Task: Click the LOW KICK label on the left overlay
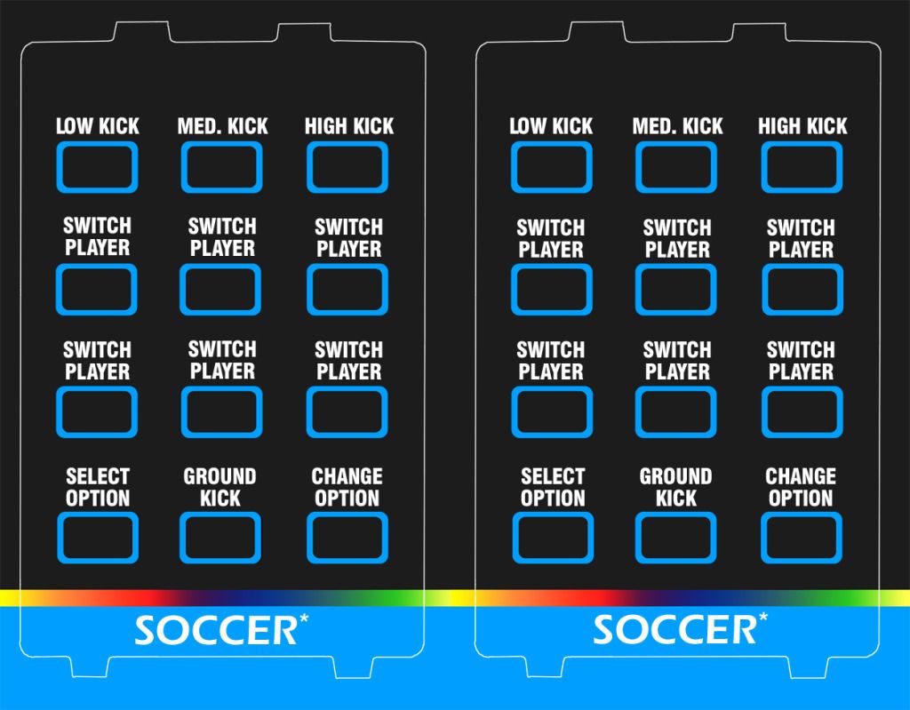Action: click(x=98, y=126)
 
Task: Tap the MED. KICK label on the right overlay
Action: click(x=677, y=126)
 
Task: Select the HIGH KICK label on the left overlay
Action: click(x=348, y=126)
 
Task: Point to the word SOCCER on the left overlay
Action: click(x=215, y=630)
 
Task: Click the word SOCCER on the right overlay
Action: click(x=674, y=630)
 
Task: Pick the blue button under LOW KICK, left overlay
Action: click(x=98, y=167)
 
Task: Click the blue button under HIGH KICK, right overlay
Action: click(x=802, y=167)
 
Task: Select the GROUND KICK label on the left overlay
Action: click(x=220, y=488)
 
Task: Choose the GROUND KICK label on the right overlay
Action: click(x=676, y=488)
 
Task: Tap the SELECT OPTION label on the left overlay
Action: click(x=98, y=488)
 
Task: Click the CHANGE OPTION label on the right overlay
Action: click(x=801, y=488)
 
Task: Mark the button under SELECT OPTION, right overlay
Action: click(x=552, y=538)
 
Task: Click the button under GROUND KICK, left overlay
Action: click(x=221, y=538)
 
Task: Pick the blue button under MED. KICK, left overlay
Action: click(x=222, y=167)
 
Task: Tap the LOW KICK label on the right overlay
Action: click(x=551, y=126)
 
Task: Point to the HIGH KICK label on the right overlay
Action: click(x=802, y=126)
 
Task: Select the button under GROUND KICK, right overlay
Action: click(x=676, y=538)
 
